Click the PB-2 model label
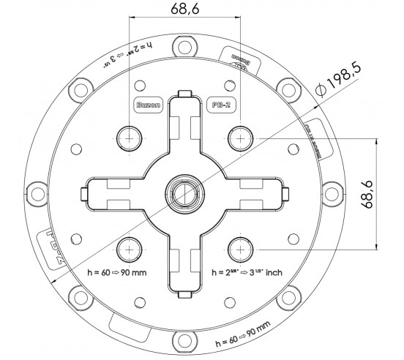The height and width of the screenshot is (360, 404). [220, 105]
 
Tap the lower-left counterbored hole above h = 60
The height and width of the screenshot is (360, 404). [130, 249]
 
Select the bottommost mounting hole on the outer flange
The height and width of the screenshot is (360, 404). [184, 339]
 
